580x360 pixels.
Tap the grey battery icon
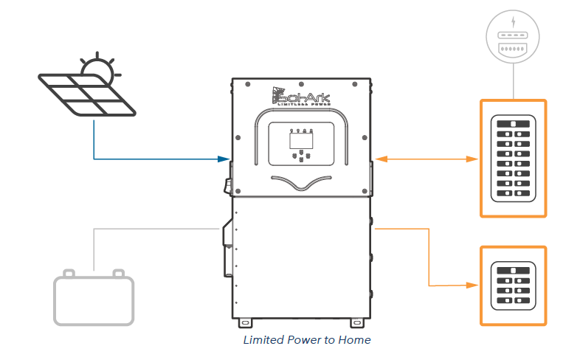(x=94, y=300)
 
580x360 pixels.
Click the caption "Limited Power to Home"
(x=307, y=340)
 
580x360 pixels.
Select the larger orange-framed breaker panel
(x=514, y=158)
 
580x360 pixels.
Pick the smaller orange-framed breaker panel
(x=514, y=285)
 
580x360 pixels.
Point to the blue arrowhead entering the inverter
(x=224, y=159)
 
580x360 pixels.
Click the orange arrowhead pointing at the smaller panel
(x=473, y=285)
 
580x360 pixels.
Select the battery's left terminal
(x=69, y=274)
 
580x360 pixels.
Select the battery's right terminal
(x=117, y=274)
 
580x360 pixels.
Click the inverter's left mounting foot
(x=246, y=322)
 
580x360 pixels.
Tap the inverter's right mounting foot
(x=356, y=322)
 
